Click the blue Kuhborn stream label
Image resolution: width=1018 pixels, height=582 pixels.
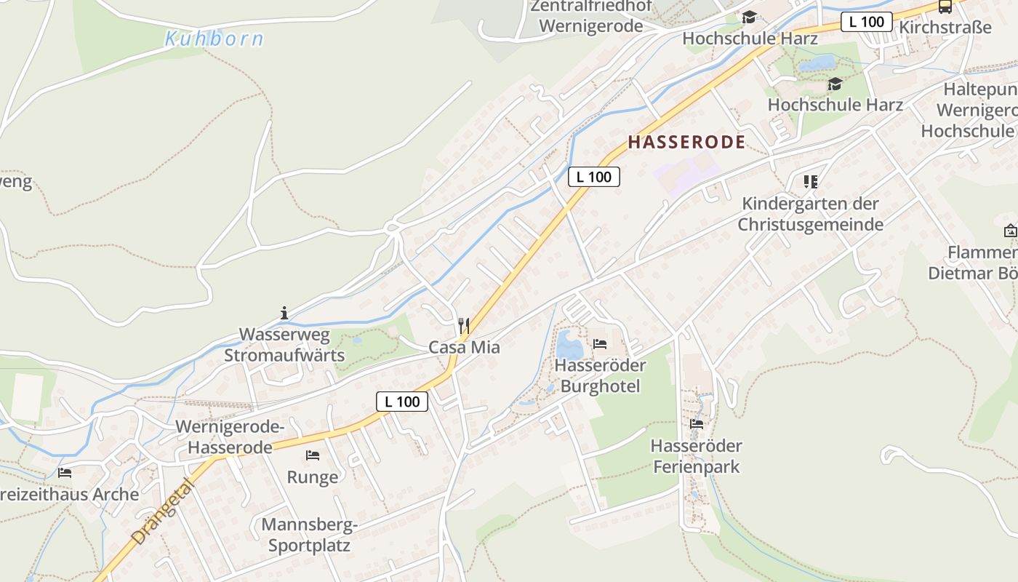(214, 39)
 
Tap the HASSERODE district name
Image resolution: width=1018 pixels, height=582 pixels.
(686, 142)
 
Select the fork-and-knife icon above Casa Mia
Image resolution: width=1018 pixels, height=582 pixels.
(464, 325)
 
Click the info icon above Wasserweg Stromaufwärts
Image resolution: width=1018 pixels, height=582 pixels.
(284, 314)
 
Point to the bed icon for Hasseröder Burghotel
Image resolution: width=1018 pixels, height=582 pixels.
(600, 343)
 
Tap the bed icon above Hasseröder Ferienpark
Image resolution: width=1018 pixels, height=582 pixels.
(697, 424)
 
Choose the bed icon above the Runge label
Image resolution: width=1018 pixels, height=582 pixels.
(313, 455)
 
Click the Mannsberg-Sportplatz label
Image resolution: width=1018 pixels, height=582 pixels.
(309, 535)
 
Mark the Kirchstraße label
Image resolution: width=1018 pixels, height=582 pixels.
(945, 28)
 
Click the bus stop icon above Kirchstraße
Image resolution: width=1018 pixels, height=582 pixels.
(945, 7)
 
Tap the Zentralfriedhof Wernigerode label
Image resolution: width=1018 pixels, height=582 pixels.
(588, 17)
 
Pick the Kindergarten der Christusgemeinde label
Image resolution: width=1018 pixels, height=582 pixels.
(810, 214)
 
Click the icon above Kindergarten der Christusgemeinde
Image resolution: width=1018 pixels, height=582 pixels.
(810, 181)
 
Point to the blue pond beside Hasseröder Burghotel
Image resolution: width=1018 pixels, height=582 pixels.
(569, 344)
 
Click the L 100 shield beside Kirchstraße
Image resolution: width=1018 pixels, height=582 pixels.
(866, 22)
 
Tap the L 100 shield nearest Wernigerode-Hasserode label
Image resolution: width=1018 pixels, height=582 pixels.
(402, 401)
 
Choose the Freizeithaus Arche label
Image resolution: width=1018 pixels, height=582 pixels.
(69, 495)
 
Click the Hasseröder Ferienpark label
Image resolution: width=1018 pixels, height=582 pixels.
(696, 456)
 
